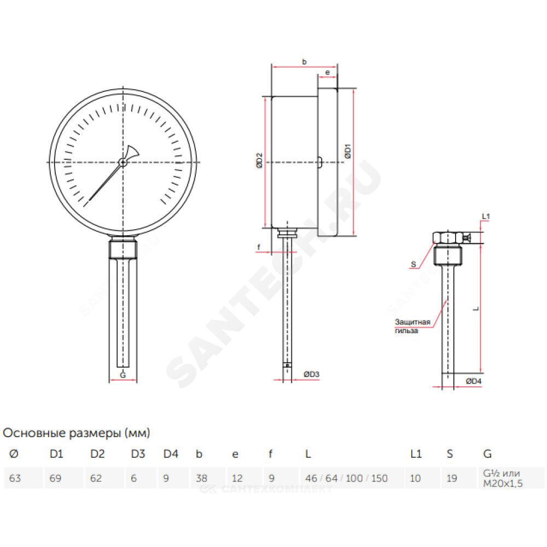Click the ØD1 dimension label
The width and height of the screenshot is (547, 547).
click(347, 151)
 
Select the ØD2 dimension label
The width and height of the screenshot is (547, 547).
click(259, 160)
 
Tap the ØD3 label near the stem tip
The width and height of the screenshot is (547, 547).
click(311, 374)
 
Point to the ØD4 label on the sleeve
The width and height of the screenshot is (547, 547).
click(473, 381)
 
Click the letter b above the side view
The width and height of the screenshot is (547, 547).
click(304, 62)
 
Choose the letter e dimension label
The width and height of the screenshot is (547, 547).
click(327, 73)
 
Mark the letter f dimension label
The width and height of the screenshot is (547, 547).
click(259, 247)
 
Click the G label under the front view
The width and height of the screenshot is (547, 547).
click(123, 375)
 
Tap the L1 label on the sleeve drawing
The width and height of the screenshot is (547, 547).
click(486, 216)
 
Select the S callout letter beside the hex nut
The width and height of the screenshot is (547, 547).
click(414, 264)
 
